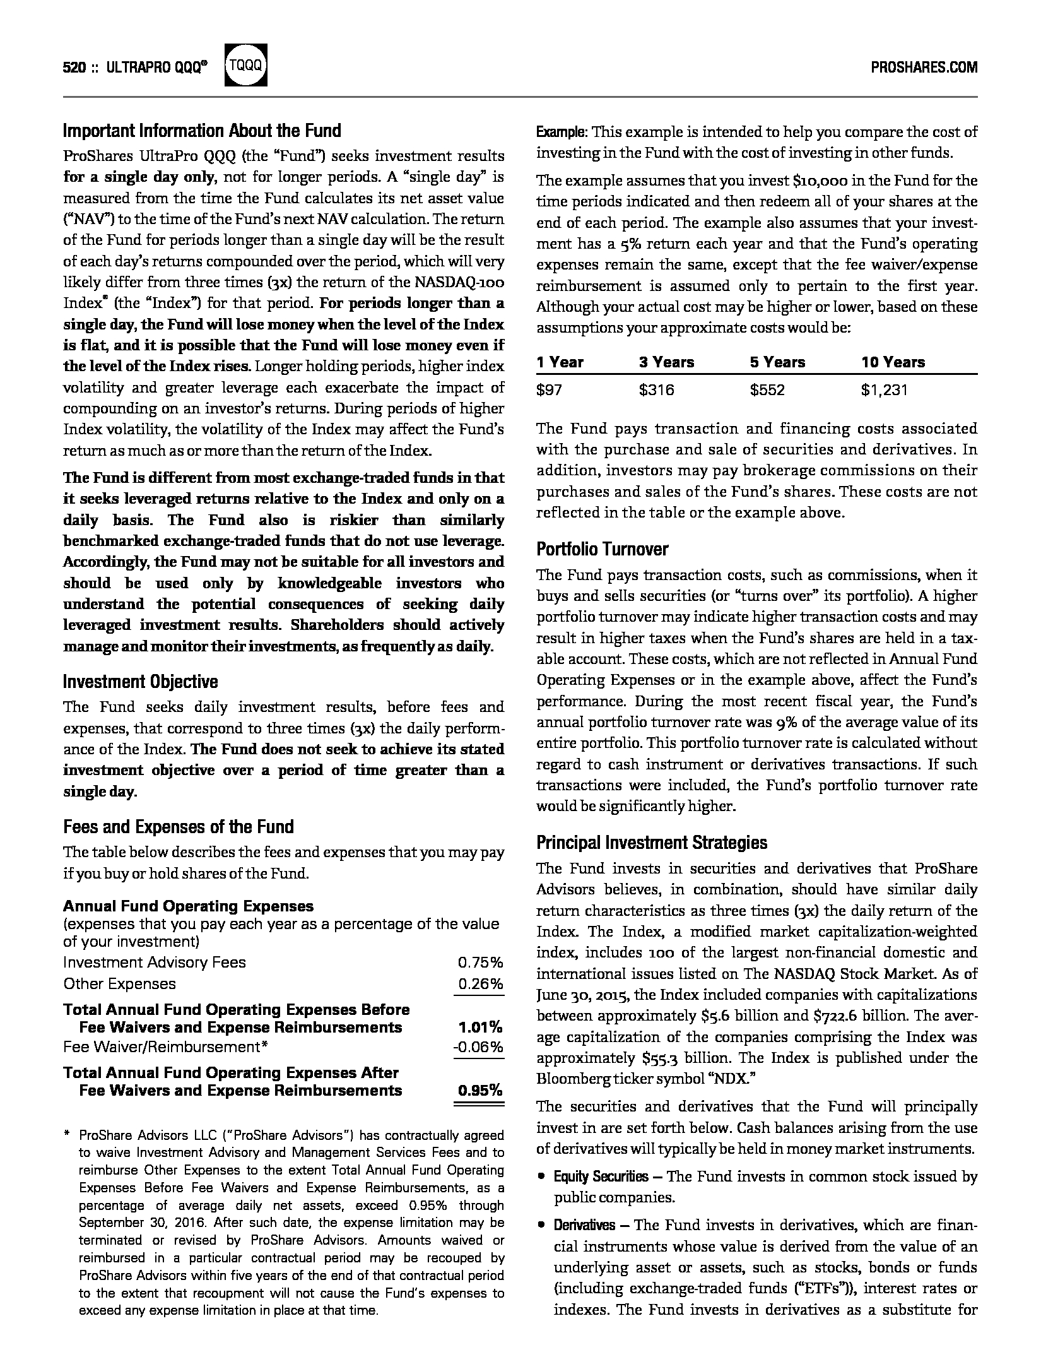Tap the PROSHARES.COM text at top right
pos(924,67)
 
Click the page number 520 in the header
pos(74,68)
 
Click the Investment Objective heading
pos(140,682)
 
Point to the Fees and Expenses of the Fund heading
pos(179,827)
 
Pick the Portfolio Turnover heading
pos(602,549)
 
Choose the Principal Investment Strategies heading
pos(652,843)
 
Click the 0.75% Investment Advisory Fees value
pos(480,963)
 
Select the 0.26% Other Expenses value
pos(480,984)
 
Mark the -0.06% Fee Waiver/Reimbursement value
pos(478,1047)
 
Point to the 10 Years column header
pos(893,362)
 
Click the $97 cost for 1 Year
pos(549,390)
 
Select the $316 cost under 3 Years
pos(656,390)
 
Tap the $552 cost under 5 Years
pos(767,390)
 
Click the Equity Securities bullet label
pos(601,1176)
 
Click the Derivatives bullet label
pos(584,1225)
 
